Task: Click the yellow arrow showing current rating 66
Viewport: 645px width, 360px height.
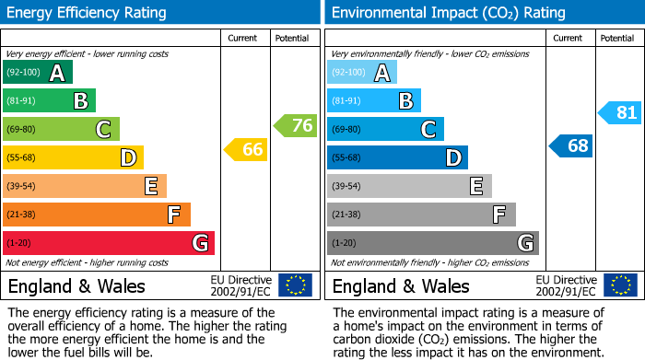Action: pos(247,149)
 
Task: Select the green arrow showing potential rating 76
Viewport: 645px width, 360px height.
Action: pos(296,125)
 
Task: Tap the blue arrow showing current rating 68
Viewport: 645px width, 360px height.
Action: pos(571,145)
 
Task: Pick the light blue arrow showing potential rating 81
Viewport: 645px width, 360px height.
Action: pos(620,113)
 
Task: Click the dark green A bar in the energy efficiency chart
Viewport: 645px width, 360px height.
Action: pos(38,73)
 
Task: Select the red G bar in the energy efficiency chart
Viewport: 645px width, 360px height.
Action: pos(109,243)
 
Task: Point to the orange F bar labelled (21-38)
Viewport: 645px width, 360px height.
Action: pos(97,215)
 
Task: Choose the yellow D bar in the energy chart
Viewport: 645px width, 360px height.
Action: pos(73,157)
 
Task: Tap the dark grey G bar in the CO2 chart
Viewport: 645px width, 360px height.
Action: pos(432,243)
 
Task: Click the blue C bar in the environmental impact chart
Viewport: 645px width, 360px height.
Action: pos(385,129)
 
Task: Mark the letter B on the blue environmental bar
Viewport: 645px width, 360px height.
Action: pos(405,101)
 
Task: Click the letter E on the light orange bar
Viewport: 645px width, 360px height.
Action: pos(150,187)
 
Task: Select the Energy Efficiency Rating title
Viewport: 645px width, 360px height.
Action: pos(88,13)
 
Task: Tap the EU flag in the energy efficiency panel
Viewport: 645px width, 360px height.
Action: pos(295,285)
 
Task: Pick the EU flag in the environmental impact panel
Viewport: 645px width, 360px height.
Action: pos(619,285)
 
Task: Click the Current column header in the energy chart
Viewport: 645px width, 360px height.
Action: pos(244,38)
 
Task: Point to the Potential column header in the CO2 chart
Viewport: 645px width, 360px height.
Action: pos(616,38)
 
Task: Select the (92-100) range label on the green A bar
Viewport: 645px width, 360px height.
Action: pos(23,73)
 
